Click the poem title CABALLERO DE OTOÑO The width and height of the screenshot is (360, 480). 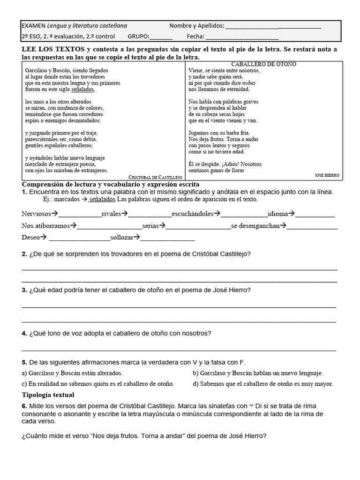pyautogui.click(x=264, y=64)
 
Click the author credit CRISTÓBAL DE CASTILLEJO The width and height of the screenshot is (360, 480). pyautogui.click(x=155, y=178)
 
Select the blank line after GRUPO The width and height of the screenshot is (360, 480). pyautogui.click(x=161, y=37)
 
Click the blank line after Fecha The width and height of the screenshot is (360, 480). pyautogui.click(x=242, y=37)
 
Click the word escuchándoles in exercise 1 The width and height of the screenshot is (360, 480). pyautogui.click(x=193, y=214)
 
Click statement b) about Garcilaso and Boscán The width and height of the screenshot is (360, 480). pyautogui.click(x=258, y=373)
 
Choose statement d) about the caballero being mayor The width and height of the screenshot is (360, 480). pyautogui.click(x=263, y=384)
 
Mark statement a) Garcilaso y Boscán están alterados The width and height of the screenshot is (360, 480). pyautogui.click(x=72, y=373)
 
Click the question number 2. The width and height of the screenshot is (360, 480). pyautogui.click(x=24, y=254)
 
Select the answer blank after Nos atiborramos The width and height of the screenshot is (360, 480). pyautogui.click(x=109, y=226)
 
